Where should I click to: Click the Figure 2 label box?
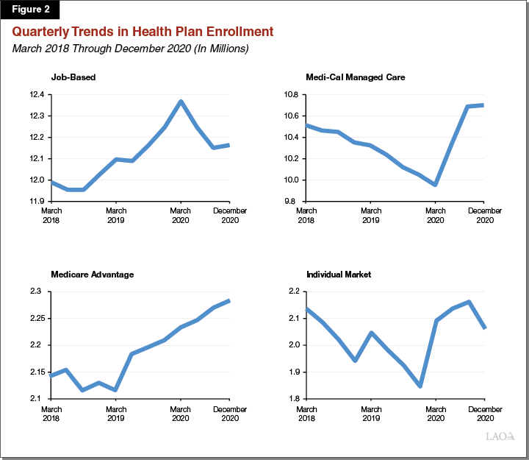click(30, 10)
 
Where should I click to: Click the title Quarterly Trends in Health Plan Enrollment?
click(142, 32)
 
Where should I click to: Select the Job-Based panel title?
click(73, 77)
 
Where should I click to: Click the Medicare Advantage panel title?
click(92, 275)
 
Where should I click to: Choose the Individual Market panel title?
click(339, 275)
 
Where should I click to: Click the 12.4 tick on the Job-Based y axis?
click(37, 94)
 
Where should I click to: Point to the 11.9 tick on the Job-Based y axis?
click(37, 201)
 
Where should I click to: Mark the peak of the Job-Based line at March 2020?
click(181, 102)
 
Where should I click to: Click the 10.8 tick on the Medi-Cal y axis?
click(292, 94)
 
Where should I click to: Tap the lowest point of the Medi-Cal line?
click(436, 185)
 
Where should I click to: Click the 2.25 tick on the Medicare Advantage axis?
click(36, 318)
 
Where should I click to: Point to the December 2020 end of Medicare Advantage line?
click(230, 300)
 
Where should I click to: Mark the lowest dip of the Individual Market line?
click(420, 386)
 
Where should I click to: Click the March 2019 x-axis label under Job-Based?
click(116, 216)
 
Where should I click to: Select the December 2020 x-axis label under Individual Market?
click(486, 414)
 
